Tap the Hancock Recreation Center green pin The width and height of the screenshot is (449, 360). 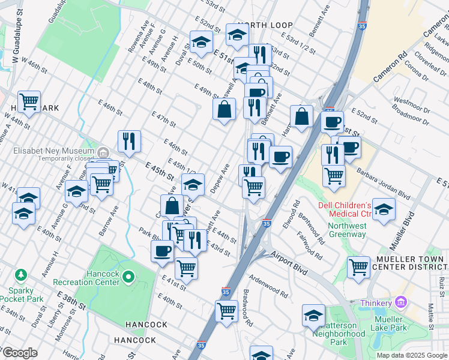[128, 277]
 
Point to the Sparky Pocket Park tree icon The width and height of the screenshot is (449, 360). [22, 275]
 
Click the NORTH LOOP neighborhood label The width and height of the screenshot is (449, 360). [264, 25]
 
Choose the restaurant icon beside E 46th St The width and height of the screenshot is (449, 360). [129, 141]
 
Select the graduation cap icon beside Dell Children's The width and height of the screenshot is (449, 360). [384, 209]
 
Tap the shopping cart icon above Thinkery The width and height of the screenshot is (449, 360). [358, 266]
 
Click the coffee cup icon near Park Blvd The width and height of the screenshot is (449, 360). [162, 250]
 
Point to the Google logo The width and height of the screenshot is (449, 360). [19, 353]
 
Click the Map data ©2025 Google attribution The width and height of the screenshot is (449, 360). [411, 355]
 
